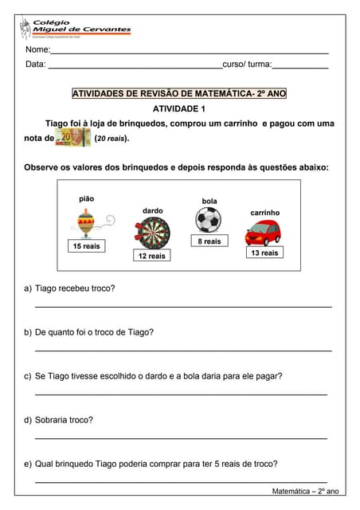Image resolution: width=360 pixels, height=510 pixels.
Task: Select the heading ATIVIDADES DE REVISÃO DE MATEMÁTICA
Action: pos(179,94)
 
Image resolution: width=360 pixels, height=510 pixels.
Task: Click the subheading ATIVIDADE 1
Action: pos(179,108)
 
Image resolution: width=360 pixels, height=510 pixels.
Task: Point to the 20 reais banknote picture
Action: pos(72,138)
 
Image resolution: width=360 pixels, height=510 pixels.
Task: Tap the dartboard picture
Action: pos(152,232)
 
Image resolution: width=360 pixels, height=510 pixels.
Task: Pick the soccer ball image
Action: pos(209,220)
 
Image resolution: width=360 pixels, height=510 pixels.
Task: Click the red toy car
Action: pos(264,232)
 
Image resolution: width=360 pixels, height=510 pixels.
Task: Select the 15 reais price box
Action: pos(87,247)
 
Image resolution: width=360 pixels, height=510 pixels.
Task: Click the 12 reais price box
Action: pos(151,256)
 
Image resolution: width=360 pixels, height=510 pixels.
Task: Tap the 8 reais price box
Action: pos(209,241)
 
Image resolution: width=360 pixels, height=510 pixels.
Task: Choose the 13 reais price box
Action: pos(264,253)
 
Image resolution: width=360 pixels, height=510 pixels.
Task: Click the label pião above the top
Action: pos(87,198)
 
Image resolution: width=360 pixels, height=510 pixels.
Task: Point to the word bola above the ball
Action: pos(209,202)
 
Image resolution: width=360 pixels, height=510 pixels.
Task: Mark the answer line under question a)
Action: pos(182,307)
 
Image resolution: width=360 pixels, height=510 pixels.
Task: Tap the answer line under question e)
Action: pos(182,482)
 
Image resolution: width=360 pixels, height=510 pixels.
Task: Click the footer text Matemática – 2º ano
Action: pos(305,492)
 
